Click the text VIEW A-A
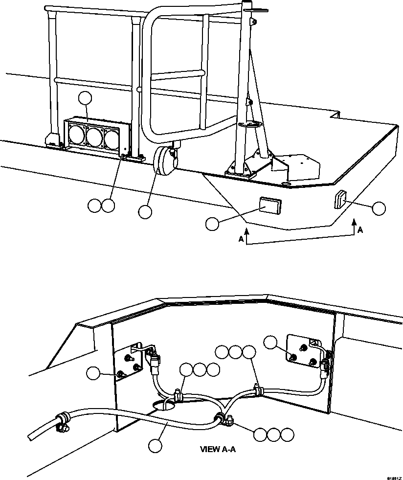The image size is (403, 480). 218,448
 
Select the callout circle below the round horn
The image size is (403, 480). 145,212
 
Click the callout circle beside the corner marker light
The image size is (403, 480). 379,209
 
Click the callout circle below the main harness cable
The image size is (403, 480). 156,445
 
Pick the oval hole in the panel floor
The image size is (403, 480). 165,405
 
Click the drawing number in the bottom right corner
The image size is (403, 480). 394,477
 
